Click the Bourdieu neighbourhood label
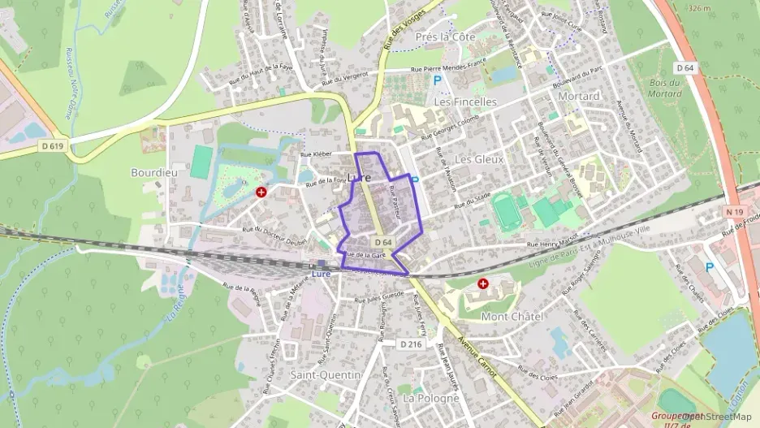click(x=149, y=173)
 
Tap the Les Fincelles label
click(x=464, y=102)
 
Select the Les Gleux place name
click(x=479, y=159)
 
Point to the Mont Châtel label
click(x=512, y=316)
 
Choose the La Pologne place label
click(x=431, y=399)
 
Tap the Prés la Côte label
click(x=444, y=37)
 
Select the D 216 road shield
click(x=411, y=344)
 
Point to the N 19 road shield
click(x=735, y=211)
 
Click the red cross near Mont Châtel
click(x=484, y=284)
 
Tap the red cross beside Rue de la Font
click(x=261, y=192)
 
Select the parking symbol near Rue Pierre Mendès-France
click(x=438, y=80)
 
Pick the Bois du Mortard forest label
click(x=665, y=88)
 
